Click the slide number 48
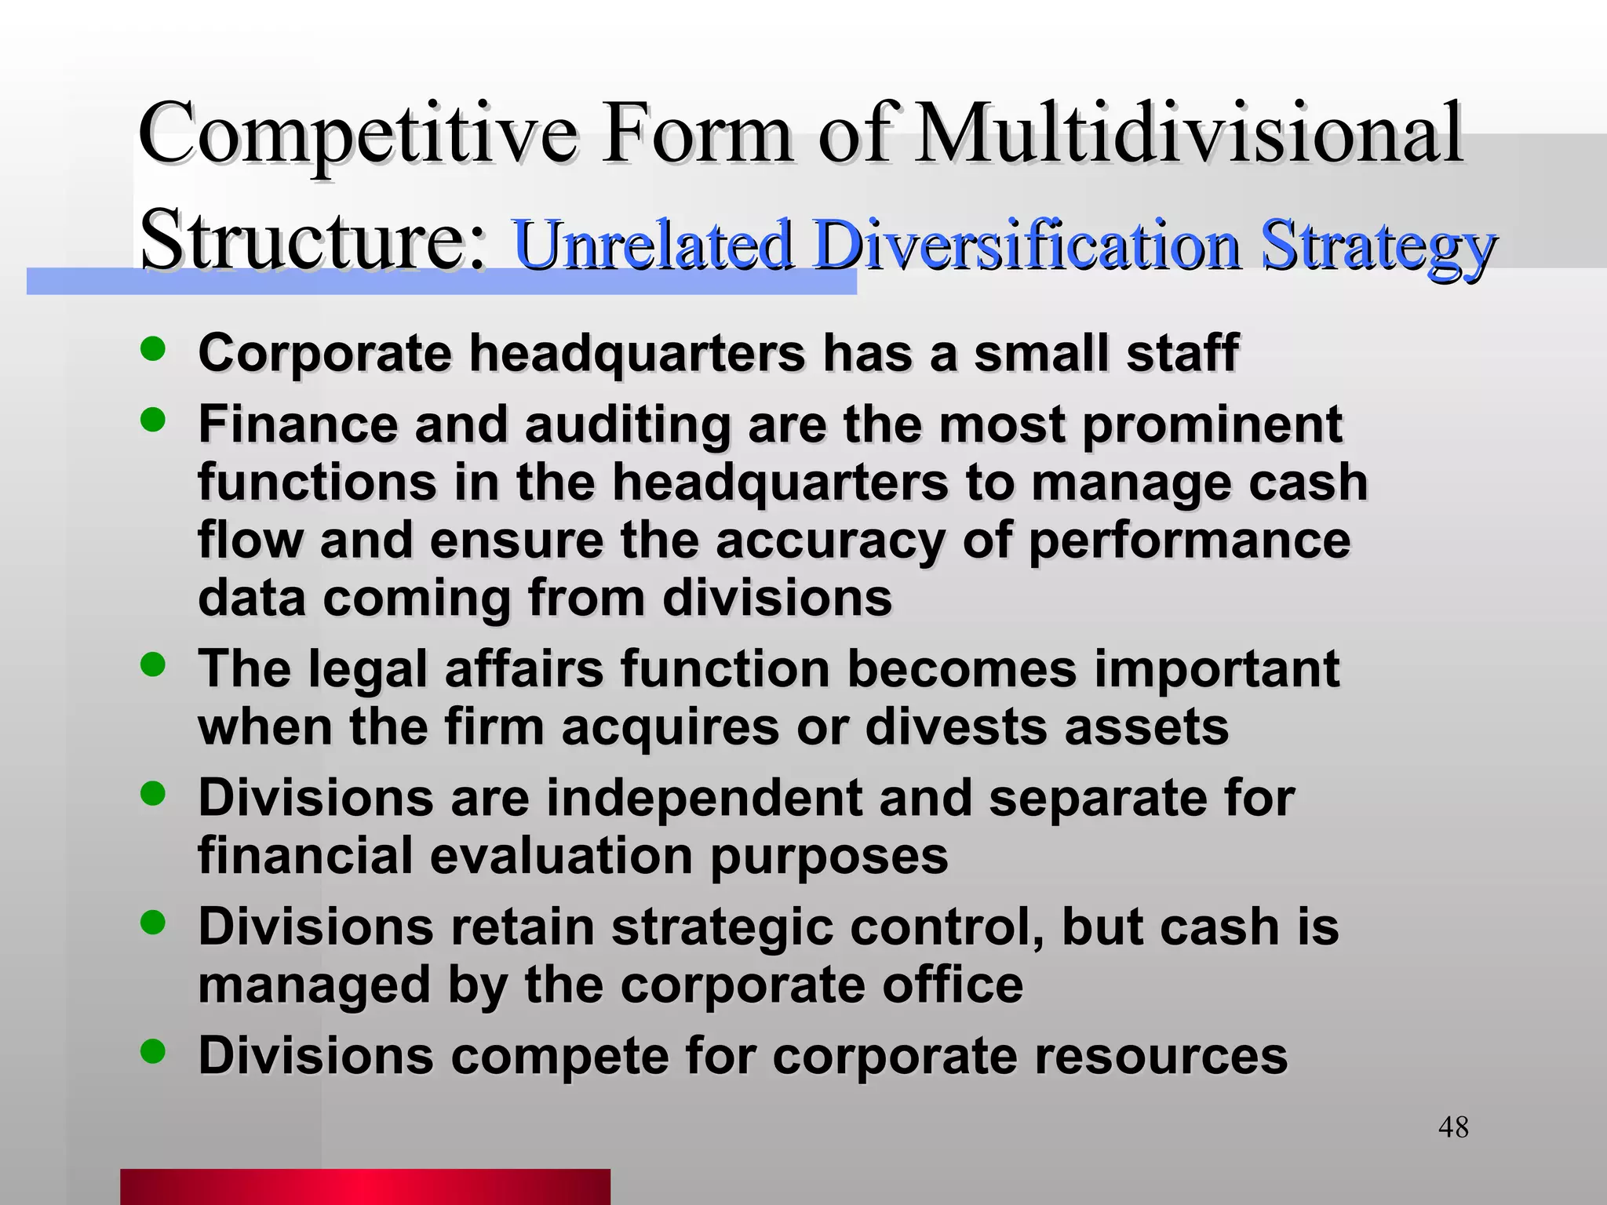click(1453, 1127)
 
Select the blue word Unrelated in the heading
click(652, 244)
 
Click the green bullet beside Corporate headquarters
click(153, 349)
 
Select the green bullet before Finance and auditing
click(153, 420)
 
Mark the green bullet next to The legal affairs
click(153, 664)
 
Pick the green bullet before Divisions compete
click(153, 1050)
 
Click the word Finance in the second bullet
click(297, 424)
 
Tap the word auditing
click(627, 426)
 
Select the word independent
click(704, 799)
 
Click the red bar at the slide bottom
click(365, 1186)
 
